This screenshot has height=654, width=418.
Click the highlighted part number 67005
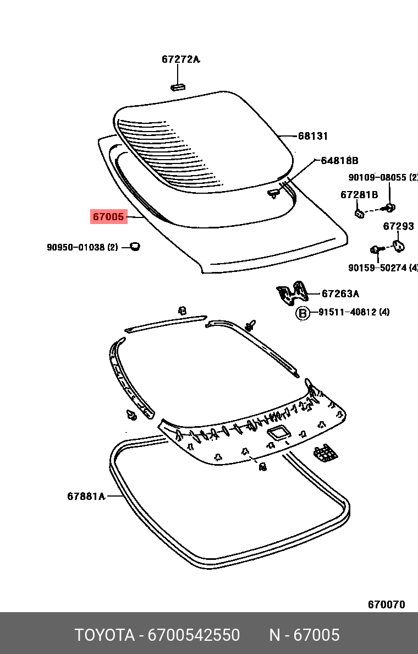pyautogui.click(x=108, y=217)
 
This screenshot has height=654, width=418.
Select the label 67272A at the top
pyautogui.click(x=180, y=59)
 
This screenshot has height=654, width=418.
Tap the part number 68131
pyautogui.click(x=313, y=136)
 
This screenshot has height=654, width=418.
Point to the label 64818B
pyautogui.click(x=339, y=161)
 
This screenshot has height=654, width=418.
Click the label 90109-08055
pyautogui.click(x=377, y=177)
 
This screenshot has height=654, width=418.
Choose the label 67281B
pyautogui.click(x=359, y=195)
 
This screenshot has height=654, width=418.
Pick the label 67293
pyautogui.click(x=398, y=226)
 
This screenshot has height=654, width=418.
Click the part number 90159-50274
pyautogui.click(x=377, y=268)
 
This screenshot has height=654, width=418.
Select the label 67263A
pyautogui.click(x=340, y=294)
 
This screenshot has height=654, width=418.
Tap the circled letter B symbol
pyautogui.click(x=302, y=313)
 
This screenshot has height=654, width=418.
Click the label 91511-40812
pyautogui.click(x=346, y=313)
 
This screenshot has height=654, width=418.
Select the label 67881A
pyautogui.click(x=86, y=497)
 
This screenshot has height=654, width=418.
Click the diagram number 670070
pyautogui.click(x=386, y=604)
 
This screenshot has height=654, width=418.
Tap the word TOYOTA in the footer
pyautogui.click(x=105, y=635)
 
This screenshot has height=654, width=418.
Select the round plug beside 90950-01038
pyautogui.click(x=134, y=246)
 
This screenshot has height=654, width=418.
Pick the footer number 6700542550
pyautogui.click(x=194, y=635)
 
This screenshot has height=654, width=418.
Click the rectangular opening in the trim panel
pyautogui.click(x=277, y=432)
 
